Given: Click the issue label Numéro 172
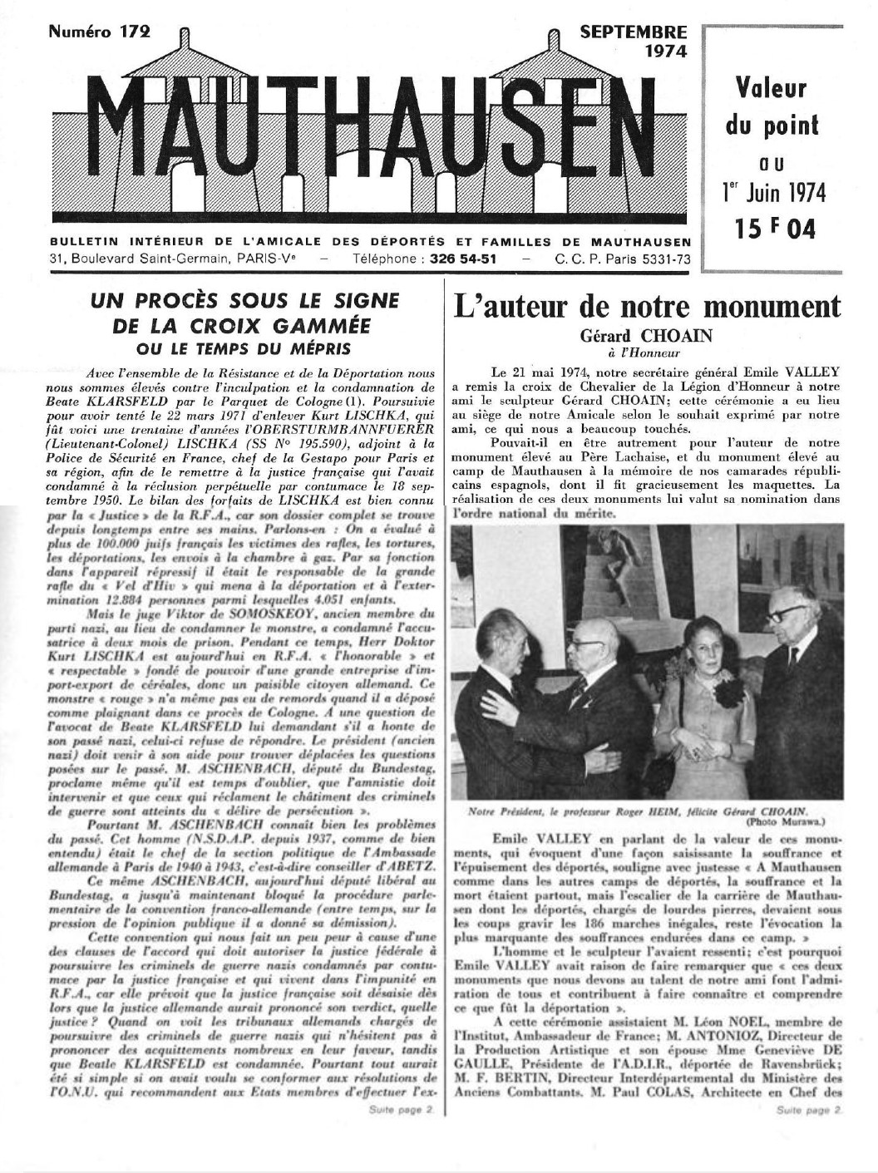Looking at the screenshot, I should (x=99, y=32).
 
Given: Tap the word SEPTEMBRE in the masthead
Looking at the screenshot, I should (x=633, y=32).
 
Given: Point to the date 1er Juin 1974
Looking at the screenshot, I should (x=773, y=193).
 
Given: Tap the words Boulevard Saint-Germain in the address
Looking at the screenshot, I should (x=153, y=259).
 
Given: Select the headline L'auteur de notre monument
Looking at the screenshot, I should (x=647, y=307).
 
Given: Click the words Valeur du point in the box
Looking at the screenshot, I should (x=770, y=106).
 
